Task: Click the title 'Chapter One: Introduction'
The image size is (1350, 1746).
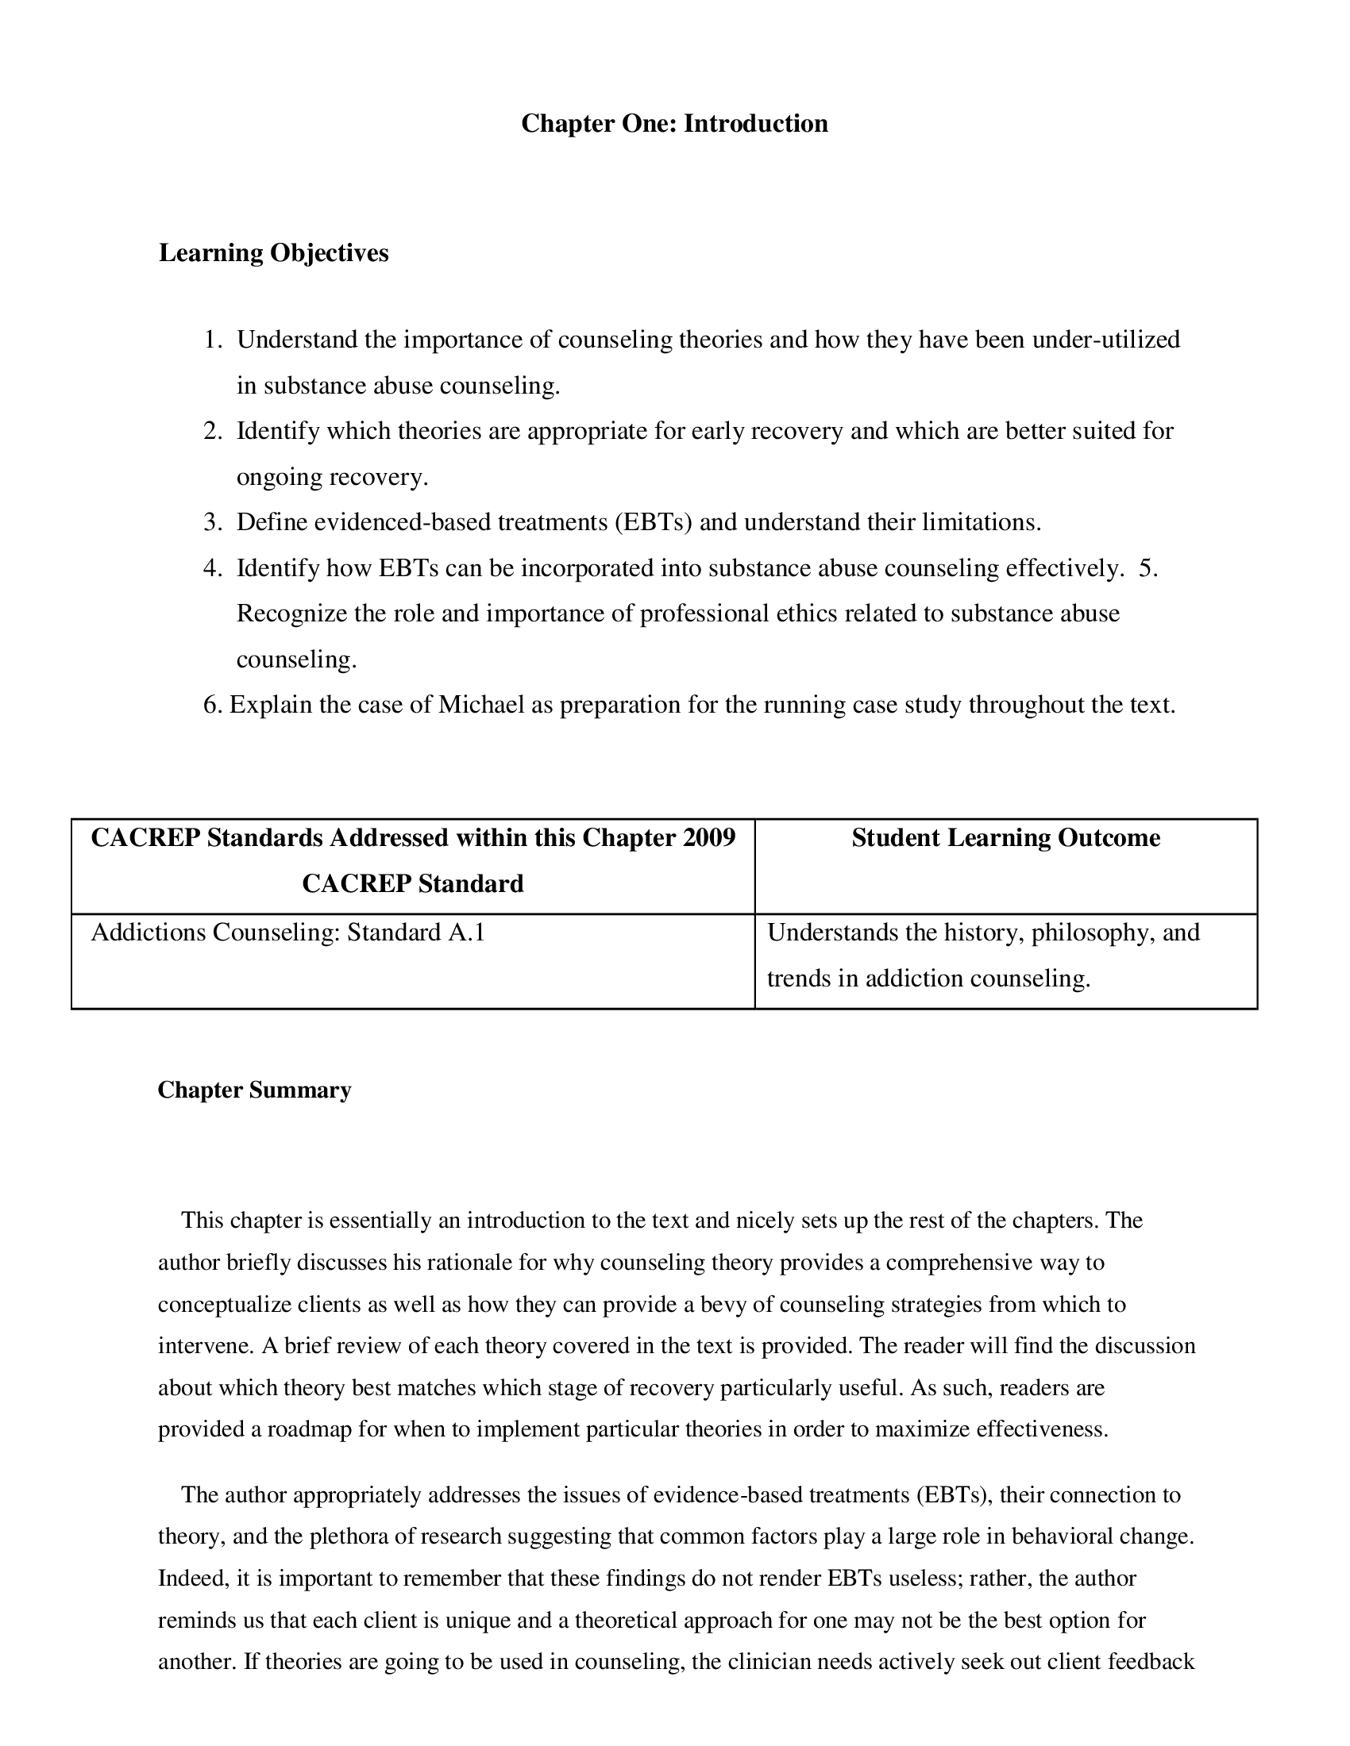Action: click(x=674, y=124)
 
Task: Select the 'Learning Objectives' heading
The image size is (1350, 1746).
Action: click(x=273, y=252)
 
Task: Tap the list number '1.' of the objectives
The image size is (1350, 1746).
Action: click(x=212, y=340)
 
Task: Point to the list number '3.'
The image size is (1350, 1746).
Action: click(x=212, y=523)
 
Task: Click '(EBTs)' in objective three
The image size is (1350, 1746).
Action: click(x=653, y=523)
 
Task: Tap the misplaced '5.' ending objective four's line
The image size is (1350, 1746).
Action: click(x=1147, y=568)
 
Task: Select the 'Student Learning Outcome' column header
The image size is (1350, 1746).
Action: click(x=1005, y=838)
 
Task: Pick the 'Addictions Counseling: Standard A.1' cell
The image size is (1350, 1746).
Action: click(x=288, y=933)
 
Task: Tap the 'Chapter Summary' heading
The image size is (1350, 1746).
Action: click(x=254, y=1090)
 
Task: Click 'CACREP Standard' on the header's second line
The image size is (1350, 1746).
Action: click(x=413, y=884)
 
